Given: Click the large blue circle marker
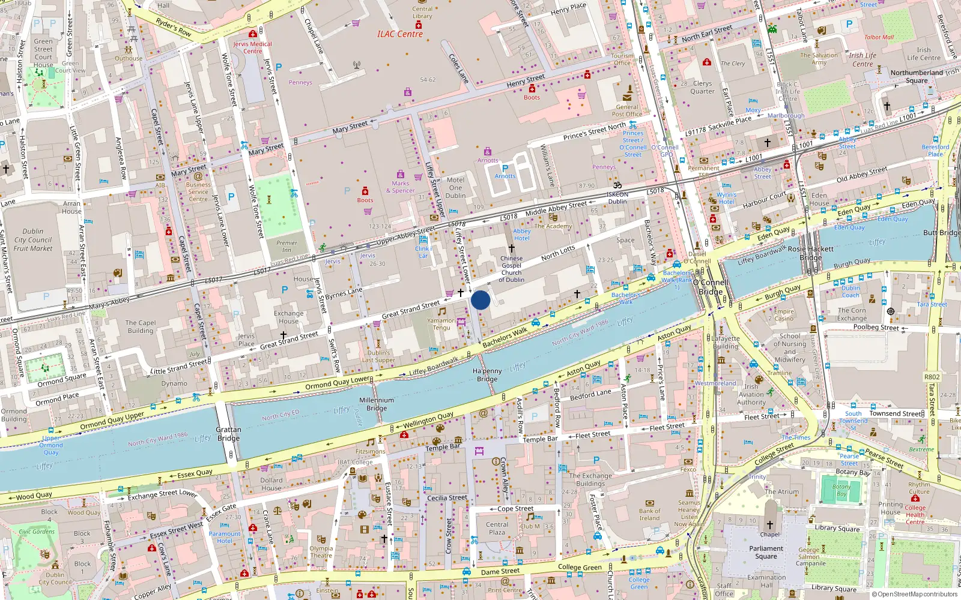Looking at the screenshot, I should [x=480, y=300].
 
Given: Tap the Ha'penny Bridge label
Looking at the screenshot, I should [x=487, y=375].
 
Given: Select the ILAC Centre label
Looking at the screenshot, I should [x=400, y=34].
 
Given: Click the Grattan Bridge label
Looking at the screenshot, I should [x=228, y=434].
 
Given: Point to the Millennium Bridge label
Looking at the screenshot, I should [x=377, y=404].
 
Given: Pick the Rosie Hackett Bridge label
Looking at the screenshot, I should [x=811, y=253].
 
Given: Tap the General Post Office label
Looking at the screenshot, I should [x=627, y=110].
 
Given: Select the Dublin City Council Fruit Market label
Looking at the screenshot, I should [x=33, y=239].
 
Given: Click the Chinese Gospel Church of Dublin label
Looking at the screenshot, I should [x=511, y=269].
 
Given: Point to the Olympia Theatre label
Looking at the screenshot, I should [x=321, y=552].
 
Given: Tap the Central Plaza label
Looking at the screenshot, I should [x=497, y=528].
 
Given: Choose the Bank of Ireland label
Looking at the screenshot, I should [x=649, y=514].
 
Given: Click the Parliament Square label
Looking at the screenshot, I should [x=766, y=552].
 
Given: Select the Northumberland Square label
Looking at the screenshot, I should [x=917, y=76].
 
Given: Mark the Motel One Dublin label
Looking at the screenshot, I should [x=455, y=187].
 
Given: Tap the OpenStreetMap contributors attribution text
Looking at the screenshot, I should [x=914, y=594].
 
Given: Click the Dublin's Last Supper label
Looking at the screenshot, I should [x=378, y=356].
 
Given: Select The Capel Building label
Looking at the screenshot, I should [x=140, y=326].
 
